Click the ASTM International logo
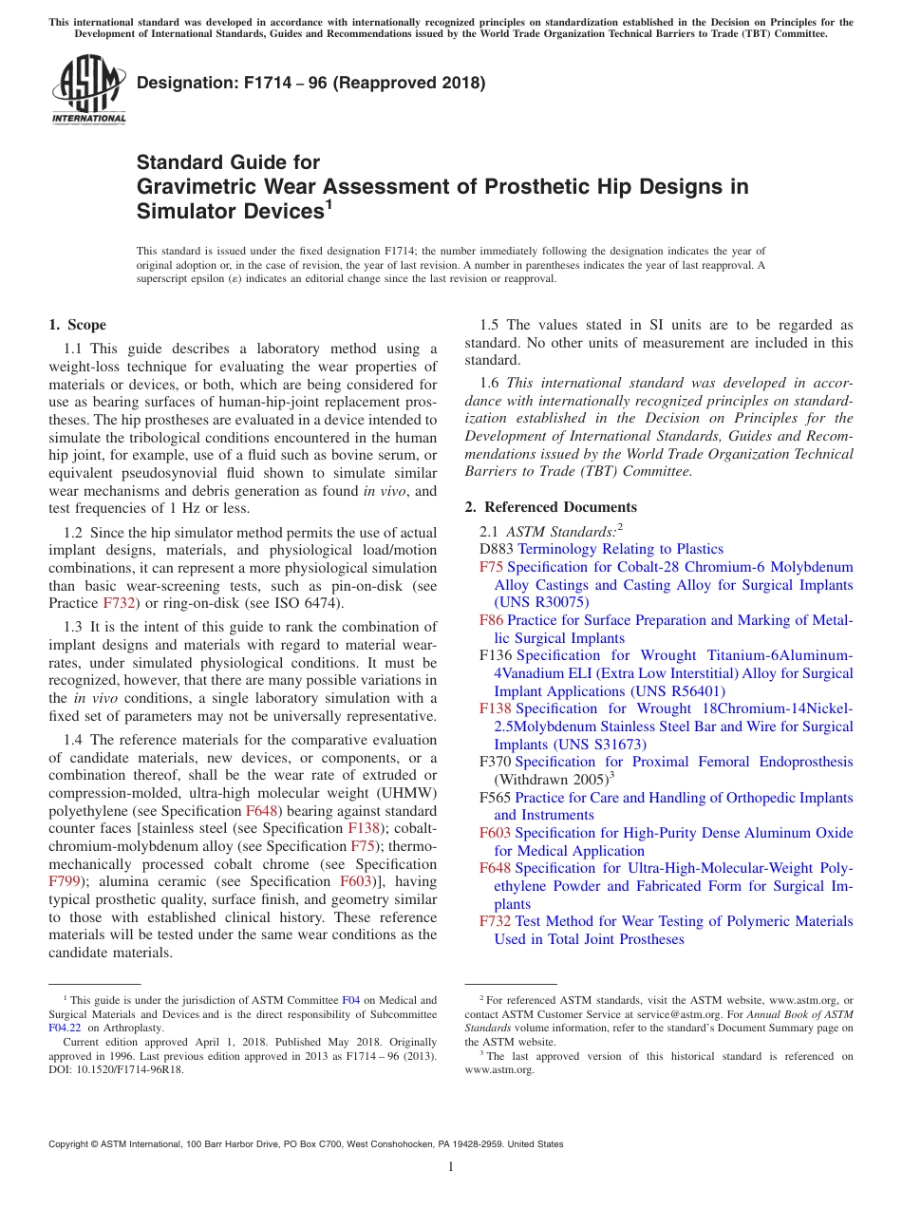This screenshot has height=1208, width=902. point(88,88)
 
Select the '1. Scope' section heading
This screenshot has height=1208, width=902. point(78,325)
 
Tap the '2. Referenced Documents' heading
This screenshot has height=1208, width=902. point(551,507)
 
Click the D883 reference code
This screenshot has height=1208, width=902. point(497,549)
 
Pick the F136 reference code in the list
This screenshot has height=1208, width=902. point(497,655)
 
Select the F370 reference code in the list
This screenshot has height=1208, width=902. point(497,762)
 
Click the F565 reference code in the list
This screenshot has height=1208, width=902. point(497,798)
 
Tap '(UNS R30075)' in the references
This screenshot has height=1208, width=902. point(542,602)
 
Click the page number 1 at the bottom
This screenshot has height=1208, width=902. point(451,1167)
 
